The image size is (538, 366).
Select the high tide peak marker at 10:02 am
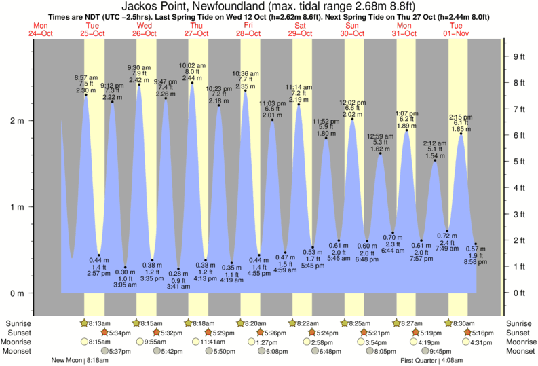coord(192,84)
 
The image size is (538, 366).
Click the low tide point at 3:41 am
coord(179,269)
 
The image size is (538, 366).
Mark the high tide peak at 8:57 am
coord(86,95)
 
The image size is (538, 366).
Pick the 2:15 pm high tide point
coord(461,134)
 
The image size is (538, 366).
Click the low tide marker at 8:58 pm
coord(476,244)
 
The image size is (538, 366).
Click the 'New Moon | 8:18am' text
coord(79,361)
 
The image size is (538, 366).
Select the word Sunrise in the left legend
coord(17,323)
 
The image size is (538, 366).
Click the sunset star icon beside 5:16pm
coord(467,333)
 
